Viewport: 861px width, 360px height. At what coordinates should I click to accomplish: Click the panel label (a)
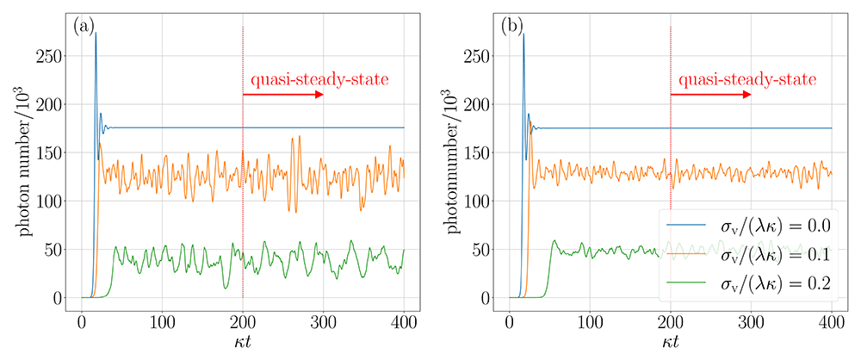(84, 28)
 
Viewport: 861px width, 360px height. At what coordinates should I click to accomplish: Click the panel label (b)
(512, 28)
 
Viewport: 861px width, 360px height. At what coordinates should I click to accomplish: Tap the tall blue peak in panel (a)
(96, 33)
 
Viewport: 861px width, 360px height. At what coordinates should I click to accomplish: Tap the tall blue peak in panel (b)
(523, 34)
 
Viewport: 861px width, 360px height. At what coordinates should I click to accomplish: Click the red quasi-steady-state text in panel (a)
(320, 80)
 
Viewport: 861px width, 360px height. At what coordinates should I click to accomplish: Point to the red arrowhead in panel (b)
(746, 95)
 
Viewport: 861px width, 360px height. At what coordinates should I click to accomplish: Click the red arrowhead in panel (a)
(319, 95)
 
